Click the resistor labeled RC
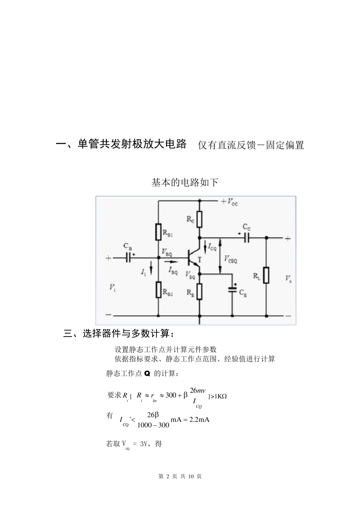pos(199,219)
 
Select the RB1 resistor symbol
pos(158,232)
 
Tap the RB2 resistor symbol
pos(158,289)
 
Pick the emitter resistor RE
pos(199,291)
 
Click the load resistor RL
pos(266,275)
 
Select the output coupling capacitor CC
pos(247,238)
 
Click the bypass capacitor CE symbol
pos(232,289)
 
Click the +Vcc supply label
pos(230,201)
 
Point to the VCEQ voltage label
pos(231,259)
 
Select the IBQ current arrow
pos(171,261)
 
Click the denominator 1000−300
pos(153,425)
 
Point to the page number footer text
pos(180,476)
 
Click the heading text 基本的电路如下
pos(185,183)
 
